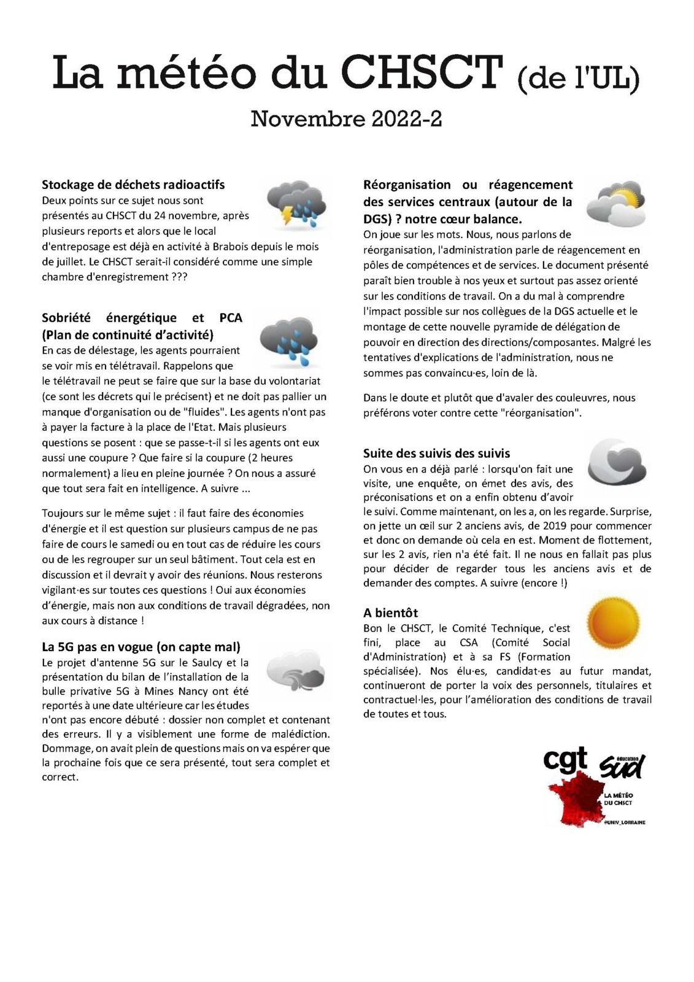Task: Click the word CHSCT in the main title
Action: tap(422, 72)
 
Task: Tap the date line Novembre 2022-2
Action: tap(346, 118)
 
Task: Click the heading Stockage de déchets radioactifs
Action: tap(133, 185)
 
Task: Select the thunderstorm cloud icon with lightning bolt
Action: tap(296, 204)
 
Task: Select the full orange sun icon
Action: tap(612, 621)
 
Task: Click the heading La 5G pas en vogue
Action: tap(141, 647)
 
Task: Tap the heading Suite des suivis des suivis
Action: tap(436, 454)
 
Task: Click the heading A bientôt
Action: tap(390, 613)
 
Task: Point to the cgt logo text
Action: tap(565, 760)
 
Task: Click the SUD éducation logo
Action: tap(622, 765)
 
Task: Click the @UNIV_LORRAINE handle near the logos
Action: tap(624, 822)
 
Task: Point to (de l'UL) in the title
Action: tap(578, 79)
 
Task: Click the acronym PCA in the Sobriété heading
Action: tap(230, 318)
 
